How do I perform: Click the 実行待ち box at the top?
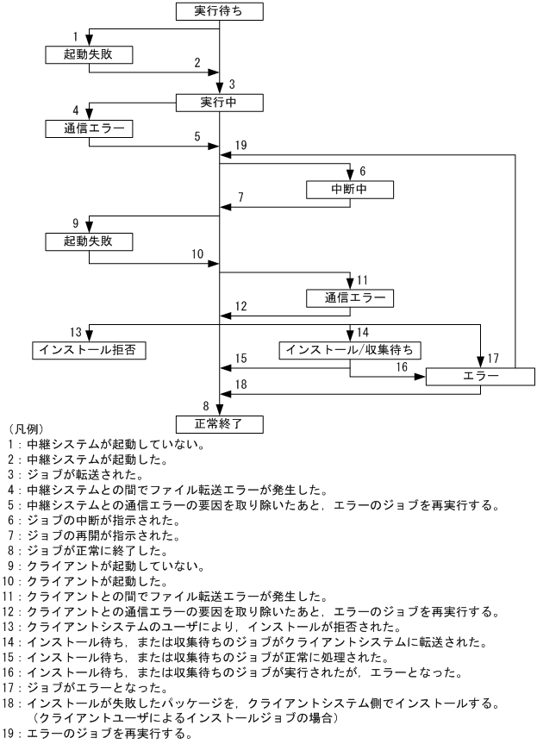point(219,11)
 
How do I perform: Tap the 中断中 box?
point(350,188)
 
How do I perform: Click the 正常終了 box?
point(219,423)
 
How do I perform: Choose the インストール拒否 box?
point(88,349)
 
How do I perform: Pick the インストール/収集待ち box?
point(350,349)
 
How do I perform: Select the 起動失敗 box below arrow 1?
point(88,54)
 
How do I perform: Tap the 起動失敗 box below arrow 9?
point(88,241)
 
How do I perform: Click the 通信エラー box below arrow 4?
point(88,130)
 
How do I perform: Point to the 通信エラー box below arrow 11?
point(350,298)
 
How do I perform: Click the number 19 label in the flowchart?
point(241,146)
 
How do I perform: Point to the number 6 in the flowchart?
point(363,172)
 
